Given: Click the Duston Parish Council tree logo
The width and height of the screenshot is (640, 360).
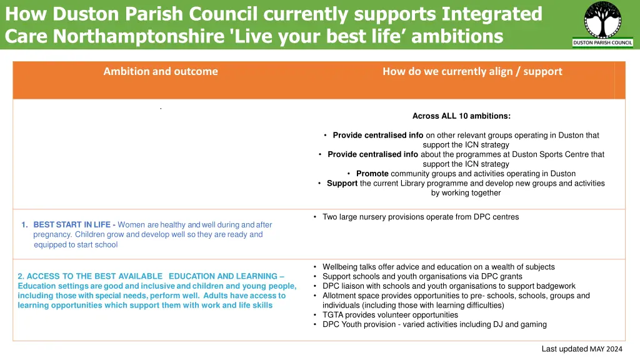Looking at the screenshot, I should click(602, 20).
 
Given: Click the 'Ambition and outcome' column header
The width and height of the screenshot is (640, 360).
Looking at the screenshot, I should click(161, 71).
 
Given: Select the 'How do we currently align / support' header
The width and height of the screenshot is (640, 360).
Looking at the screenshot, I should click(472, 71).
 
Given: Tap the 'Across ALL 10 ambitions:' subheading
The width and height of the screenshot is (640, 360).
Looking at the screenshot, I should click(461, 116).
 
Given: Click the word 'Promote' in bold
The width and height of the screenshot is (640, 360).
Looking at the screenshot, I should click(372, 173).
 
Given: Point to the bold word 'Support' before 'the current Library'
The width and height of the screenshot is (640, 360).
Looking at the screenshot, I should click(342, 183).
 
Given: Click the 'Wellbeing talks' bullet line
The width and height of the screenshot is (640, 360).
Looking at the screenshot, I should click(438, 267).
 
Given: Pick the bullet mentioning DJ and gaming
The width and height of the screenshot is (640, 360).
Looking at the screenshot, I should click(434, 324).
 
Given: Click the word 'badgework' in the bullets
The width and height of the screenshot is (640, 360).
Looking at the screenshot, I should click(555, 286).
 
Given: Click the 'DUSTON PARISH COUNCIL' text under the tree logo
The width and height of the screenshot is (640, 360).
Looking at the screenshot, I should click(602, 43).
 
